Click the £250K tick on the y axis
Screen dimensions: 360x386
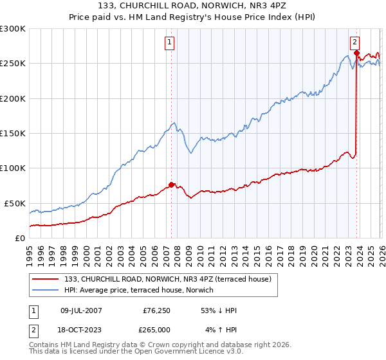coord(13,64)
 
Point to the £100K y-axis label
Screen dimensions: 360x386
coord(13,168)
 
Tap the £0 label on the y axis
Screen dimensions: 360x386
coord(19,238)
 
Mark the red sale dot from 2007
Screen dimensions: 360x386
coord(171,184)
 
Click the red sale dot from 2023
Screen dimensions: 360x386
coord(356,53)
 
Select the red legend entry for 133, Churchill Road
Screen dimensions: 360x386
coord(168,279)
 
